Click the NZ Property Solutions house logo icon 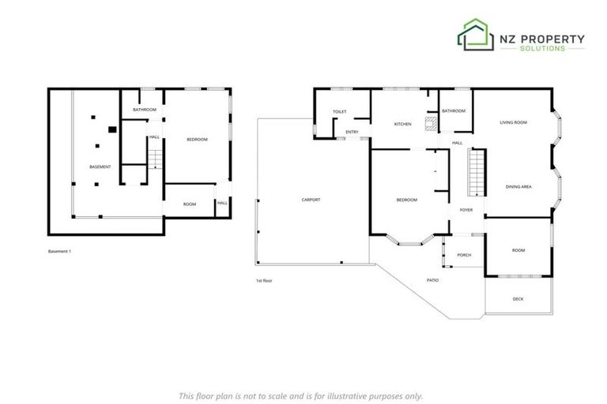(x=475, y=36)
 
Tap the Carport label (x=311, y=200)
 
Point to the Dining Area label (x=518, y=186)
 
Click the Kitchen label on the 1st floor (x=403, y=125)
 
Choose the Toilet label (x=340, y=113)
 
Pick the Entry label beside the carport (x=352, y=132)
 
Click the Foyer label (x=466, y=210)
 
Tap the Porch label (x=464, y=255)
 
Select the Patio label (x=432, y=280)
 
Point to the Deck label (x=518, y=299)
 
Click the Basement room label (x=100, y=167)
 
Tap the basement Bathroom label (x=144, y=109)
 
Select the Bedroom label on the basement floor (x=197, y=140)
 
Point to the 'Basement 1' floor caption (x=60, y=252)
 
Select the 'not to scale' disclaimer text (x=300, y=395)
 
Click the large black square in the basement (x=112, y=128)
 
